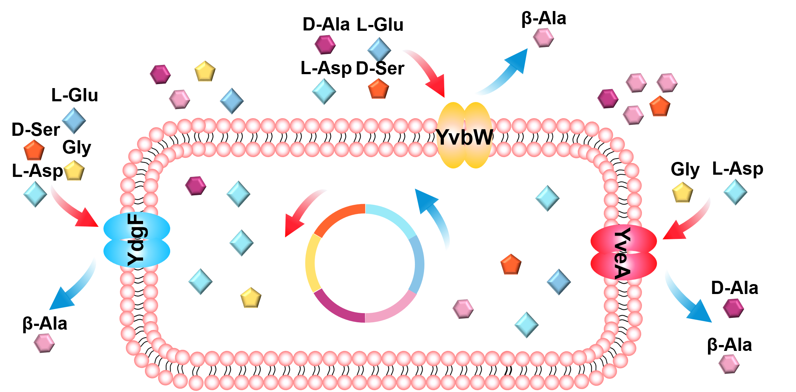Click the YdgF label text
[136, 240]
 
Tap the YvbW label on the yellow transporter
[464, 137]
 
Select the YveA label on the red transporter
[622, 253]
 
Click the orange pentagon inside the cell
[511, 264]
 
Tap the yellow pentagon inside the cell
[251, 298]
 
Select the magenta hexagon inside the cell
[196, 186]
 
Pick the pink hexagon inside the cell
[463, 309]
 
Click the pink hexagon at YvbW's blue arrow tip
[543, 37]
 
